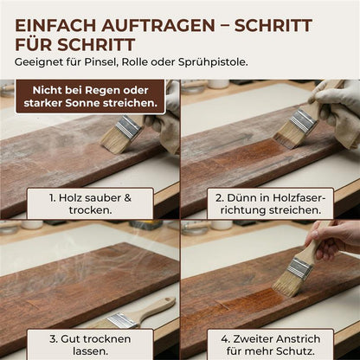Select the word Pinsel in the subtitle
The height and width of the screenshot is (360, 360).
[106, 63]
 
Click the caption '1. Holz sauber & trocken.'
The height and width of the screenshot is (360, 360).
[91, 204]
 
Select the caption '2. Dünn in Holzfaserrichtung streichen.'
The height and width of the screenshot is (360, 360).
[269, 204]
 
